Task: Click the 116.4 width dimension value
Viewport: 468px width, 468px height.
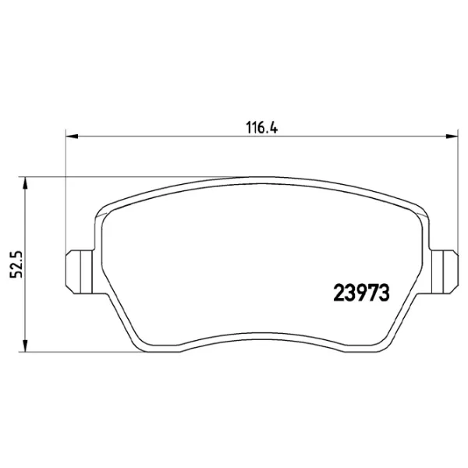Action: coord(262,128)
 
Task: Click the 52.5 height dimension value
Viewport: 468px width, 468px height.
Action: coord(16,264)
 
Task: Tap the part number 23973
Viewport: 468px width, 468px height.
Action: coord(361,292)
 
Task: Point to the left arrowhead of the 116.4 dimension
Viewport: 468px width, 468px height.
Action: coord(72,136)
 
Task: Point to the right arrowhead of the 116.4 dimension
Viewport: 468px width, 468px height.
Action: coord(452,136)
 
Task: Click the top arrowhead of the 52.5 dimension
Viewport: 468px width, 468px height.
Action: coord(26,183)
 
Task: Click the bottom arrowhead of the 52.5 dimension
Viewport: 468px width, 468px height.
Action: coord(26,346)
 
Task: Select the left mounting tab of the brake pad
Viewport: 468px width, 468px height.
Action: coord(79,272)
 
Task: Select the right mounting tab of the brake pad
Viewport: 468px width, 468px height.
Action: coord(445,272)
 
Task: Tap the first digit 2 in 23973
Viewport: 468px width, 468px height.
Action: coord(339,292)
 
